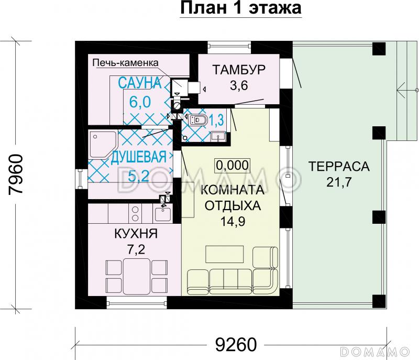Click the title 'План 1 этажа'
click(x=241, y=9)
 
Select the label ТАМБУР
click(x=240, y=70)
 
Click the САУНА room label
click(x=138, y=82)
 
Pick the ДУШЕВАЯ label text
click(x=139, y=157)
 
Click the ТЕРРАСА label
click(x=339, y=167)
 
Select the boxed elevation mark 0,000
click(x=231, y=166)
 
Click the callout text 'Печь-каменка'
click(x=125, y=63)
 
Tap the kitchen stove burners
click(x=135, y=213)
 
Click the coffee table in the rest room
click(x=224, y=254)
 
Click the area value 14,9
click(x=231, y=220)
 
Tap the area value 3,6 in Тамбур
click(x=240, y=86)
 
